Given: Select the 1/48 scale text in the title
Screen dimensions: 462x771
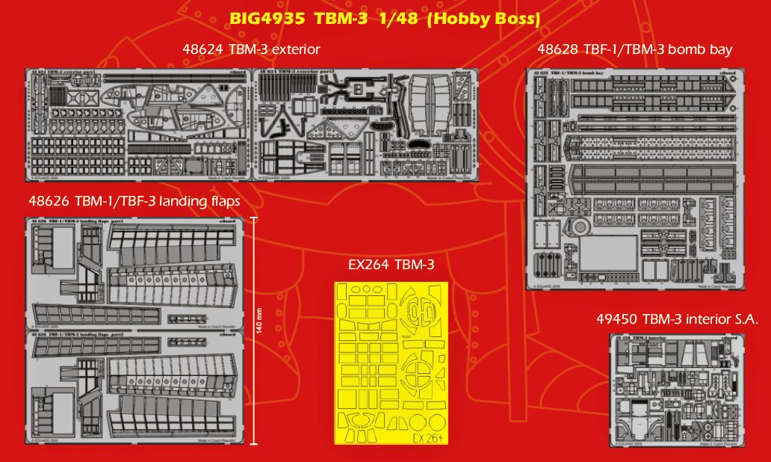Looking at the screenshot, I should (x=399, y=19).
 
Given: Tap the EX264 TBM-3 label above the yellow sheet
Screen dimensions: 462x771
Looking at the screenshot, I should (x=391, y=265).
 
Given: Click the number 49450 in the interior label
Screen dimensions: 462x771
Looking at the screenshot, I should (x=616, y=319).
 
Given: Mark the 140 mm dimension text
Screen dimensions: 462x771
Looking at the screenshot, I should (x=259, y=328).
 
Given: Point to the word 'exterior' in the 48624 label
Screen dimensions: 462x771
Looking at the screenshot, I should (x=294, y=49).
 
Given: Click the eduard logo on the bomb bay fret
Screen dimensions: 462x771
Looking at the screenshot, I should (x=728, y=73).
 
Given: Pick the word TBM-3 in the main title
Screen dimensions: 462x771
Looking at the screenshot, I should (x=341, y=19).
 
